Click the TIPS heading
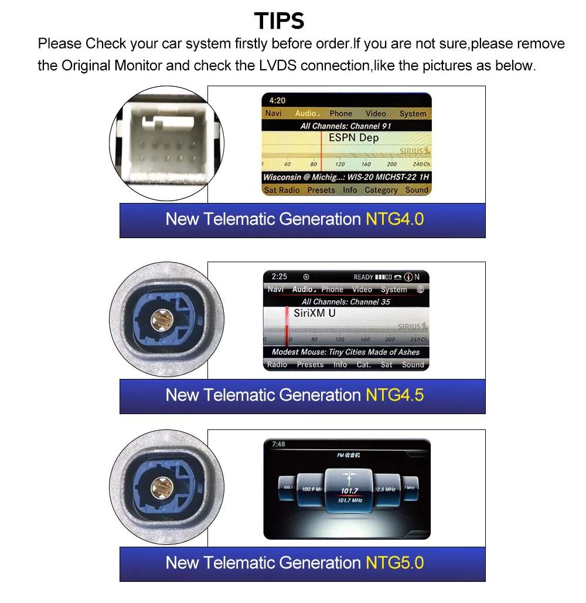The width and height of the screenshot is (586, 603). (x=280, y=21)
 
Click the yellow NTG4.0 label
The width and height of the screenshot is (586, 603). (x=394, y=219)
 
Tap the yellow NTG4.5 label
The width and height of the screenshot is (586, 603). (x=394, y=395)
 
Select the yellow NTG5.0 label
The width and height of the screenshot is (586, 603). (x=394, y=563)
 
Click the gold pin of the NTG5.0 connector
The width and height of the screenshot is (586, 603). (x=159, y=487)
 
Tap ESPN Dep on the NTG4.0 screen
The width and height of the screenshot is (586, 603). (x=353, y=138)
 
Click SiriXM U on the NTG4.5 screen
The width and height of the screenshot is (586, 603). (x=315, y=313)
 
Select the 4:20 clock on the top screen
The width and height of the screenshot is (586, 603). (x=278, y=100)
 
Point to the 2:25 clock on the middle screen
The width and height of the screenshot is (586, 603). (x=280, y=276)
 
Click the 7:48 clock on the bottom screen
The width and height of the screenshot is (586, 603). (x=278, y=444)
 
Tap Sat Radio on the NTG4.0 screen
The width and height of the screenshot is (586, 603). (x=282, y=190)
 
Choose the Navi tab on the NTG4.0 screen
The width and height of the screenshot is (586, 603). (x=274, y=113)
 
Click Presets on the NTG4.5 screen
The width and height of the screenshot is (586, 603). (x=310, y=364)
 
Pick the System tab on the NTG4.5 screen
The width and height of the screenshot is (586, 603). (x=394, y=289)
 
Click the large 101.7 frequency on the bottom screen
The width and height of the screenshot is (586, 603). (x=349, y=490)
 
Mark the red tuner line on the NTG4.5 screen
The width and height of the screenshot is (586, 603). (x=287, y=326)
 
